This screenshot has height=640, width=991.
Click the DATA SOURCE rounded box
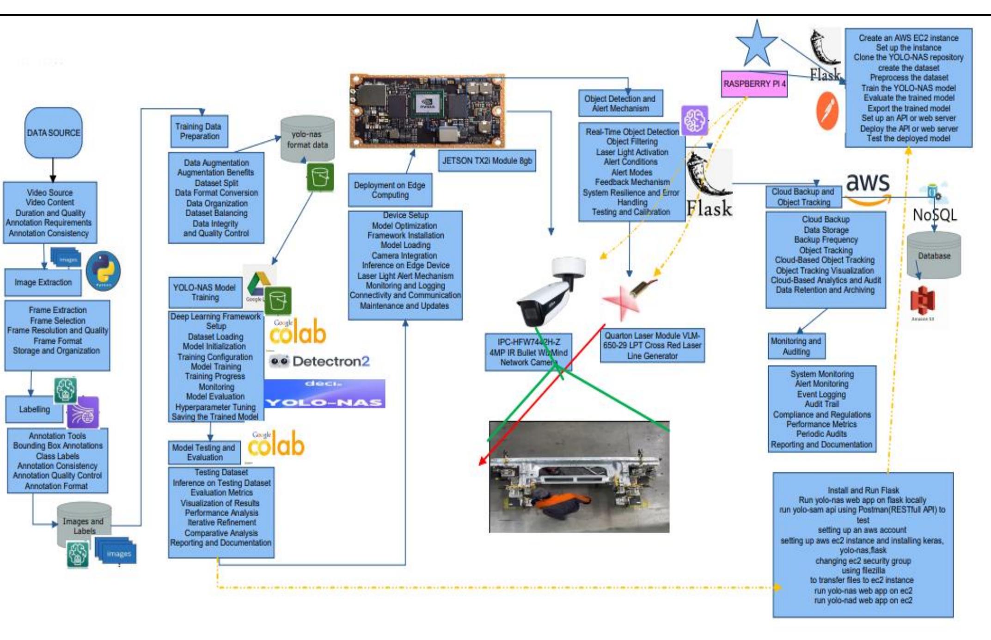[x=54, y=133]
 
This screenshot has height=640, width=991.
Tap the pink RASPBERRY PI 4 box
[x=754, y=84]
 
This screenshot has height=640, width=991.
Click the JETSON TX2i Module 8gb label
[x=487, y=161]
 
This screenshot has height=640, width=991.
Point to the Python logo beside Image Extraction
[x=104, y=270]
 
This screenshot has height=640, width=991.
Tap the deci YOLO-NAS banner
[x=324, y=394]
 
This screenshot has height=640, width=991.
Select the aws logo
[x=868, y=187]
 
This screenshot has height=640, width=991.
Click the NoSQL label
[x=934, y=215]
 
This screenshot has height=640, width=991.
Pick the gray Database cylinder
[x=934, y=256]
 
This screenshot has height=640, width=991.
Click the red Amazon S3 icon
[x=923, y=300]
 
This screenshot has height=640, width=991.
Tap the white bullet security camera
[x=548, y=293]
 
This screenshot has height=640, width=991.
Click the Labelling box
[x=34, y=409]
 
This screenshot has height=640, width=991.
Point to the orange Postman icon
[x=827, y=111]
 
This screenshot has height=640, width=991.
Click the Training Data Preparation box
[x=199, y=131]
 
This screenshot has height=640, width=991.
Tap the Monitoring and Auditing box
[x=796, y=346]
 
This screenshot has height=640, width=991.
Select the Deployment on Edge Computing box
[x=390, y=190]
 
